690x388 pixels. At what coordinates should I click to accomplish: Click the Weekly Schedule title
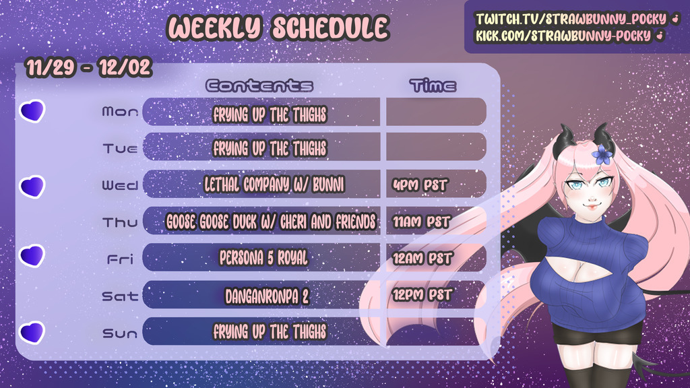(x=278, y=28)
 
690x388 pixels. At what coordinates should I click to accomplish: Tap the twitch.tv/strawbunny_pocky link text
(x=571, y=19)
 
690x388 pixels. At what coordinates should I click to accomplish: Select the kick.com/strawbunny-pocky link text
(x=563, y=36)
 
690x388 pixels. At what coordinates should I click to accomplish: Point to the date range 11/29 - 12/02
(x=89, y=68)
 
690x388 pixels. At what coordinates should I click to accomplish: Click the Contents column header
(x=259, y=86)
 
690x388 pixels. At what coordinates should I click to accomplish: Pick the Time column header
(x=433, y=86)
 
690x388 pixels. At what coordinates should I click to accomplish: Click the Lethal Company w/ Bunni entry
(x=274, y=185)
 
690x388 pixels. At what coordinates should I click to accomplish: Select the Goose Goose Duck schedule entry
(x=271, y=222)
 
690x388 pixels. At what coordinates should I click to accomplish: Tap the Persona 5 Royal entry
(x=263, y=258)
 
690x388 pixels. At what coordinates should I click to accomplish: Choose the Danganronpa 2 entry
(x=267, y=296)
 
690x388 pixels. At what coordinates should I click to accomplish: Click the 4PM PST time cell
(x=420, y=185)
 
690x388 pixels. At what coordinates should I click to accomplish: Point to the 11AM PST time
(x=421, y=222)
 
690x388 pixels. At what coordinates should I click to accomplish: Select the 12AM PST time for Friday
(x=422, y=258)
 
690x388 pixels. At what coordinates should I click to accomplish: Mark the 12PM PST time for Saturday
(x=422, y=295)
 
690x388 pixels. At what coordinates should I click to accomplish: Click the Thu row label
(x=120, y=222)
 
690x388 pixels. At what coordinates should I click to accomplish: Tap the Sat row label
(x=120, y=296)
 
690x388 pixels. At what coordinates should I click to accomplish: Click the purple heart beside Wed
(x=32, y=187)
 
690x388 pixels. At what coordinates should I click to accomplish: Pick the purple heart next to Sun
(x=32, y=332)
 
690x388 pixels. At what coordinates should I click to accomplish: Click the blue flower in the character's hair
(x=602, y=154)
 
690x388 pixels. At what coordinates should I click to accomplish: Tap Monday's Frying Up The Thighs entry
(x=270, y=115)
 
